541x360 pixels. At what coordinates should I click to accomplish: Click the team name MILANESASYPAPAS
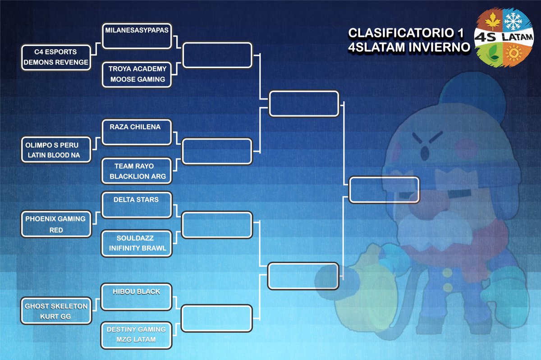coord(136,30)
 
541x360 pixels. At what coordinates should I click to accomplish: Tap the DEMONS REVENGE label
coord(55,62)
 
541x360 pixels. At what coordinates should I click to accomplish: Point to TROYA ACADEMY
coord(136,69)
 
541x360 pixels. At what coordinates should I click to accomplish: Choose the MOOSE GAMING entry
coord(136,79)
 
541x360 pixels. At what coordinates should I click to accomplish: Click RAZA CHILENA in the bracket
coord(135,127)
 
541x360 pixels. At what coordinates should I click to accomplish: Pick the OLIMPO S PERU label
coord(56,145)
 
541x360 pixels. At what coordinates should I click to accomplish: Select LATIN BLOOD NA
coord(56,155)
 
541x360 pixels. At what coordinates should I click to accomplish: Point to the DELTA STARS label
coord(136,199)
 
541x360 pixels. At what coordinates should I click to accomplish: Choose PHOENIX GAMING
coord(55,219)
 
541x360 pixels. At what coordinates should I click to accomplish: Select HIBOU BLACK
coord(137,292)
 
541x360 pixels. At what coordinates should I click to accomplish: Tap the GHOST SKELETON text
coord(56,306)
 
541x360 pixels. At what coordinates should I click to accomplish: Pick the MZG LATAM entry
coord(136,339)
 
